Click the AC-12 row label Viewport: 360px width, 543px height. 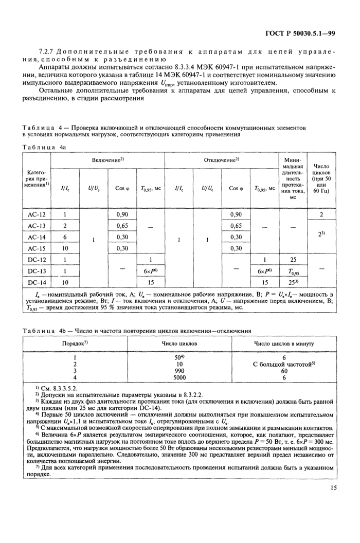click(x=37, y=213)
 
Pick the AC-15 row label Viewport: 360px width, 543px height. click(x=37, y=248)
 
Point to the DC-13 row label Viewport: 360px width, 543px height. click(x=37, y=270)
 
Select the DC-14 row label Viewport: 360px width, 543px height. click(x=37, y=282)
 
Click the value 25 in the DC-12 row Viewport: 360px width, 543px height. click(x=293, y=259)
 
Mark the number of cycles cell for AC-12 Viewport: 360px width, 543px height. click(x=321, y=213)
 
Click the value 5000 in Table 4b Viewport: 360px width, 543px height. click(x=179, y=377)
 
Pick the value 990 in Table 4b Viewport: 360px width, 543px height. click(x=179, y=370)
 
